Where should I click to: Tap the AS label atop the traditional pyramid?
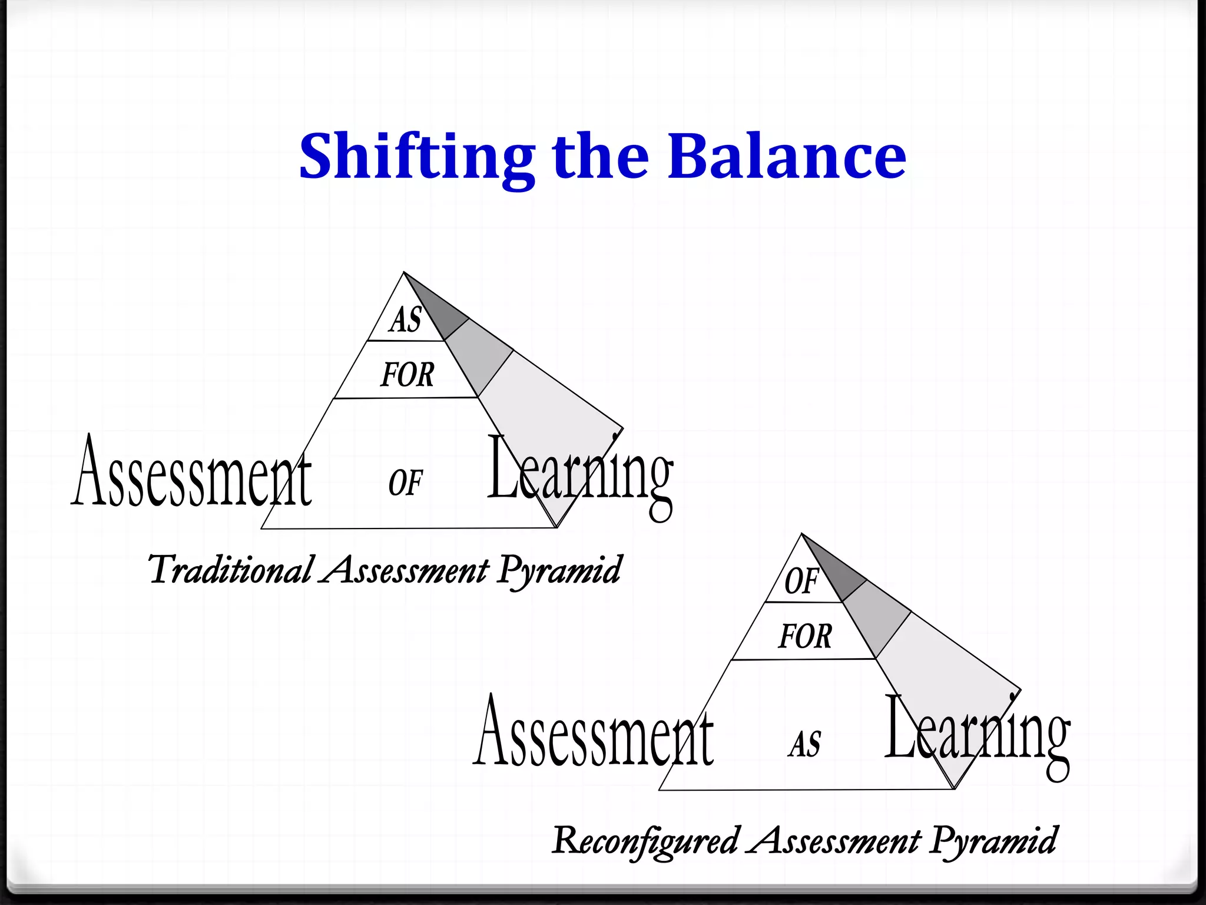406,321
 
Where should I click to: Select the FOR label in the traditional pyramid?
407,375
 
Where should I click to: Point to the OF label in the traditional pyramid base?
405,483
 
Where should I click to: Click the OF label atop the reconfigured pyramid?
801,581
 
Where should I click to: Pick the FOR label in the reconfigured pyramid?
804,637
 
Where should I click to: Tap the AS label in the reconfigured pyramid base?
804,744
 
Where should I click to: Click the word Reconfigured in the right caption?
645,841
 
